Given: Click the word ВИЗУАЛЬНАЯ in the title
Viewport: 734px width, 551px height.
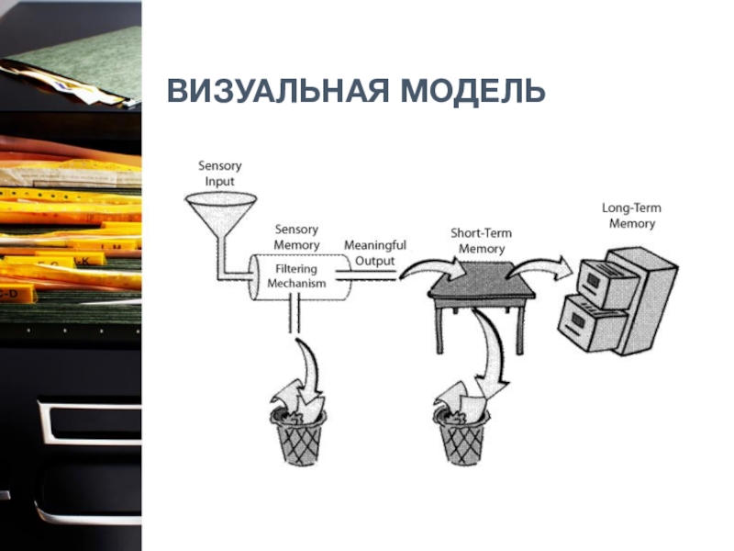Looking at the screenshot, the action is coord(278,91).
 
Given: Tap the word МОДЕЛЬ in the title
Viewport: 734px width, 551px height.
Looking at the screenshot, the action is coord(473,92).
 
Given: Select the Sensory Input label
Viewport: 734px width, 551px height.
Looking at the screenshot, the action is coord(219,174).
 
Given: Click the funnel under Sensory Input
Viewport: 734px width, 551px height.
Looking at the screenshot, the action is coord(221,211).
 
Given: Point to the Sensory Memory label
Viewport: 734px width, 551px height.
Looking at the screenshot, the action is coord(296,237).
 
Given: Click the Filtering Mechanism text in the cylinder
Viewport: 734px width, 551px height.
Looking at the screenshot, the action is coord(296,276).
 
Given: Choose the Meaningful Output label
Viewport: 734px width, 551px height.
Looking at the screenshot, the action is coord(375,253).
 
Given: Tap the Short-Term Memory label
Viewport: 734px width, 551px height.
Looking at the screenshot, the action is coord(481,241).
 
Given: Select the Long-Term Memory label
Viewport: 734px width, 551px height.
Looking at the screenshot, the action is coord(631,216).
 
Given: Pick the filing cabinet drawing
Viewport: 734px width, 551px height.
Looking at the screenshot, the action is coord(617,301).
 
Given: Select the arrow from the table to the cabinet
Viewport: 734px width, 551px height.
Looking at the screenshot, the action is coord(539,266).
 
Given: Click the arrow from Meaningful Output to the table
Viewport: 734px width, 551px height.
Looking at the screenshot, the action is coord(433,267).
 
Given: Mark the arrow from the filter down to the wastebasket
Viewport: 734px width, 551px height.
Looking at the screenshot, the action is coord(310,370).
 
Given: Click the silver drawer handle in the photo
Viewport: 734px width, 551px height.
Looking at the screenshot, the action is coord(89,422).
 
